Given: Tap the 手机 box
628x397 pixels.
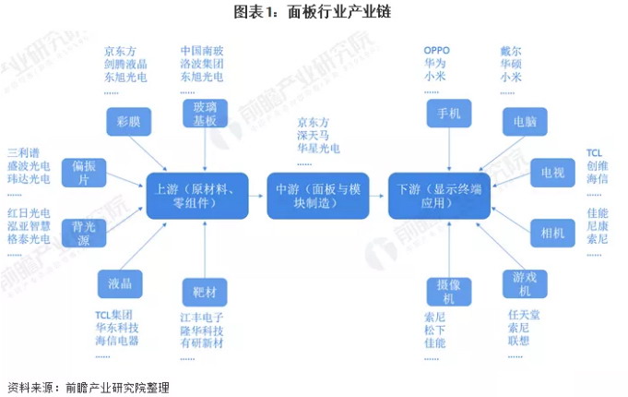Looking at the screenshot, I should tap(448, 114).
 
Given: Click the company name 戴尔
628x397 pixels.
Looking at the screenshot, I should tap(512, 49).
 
